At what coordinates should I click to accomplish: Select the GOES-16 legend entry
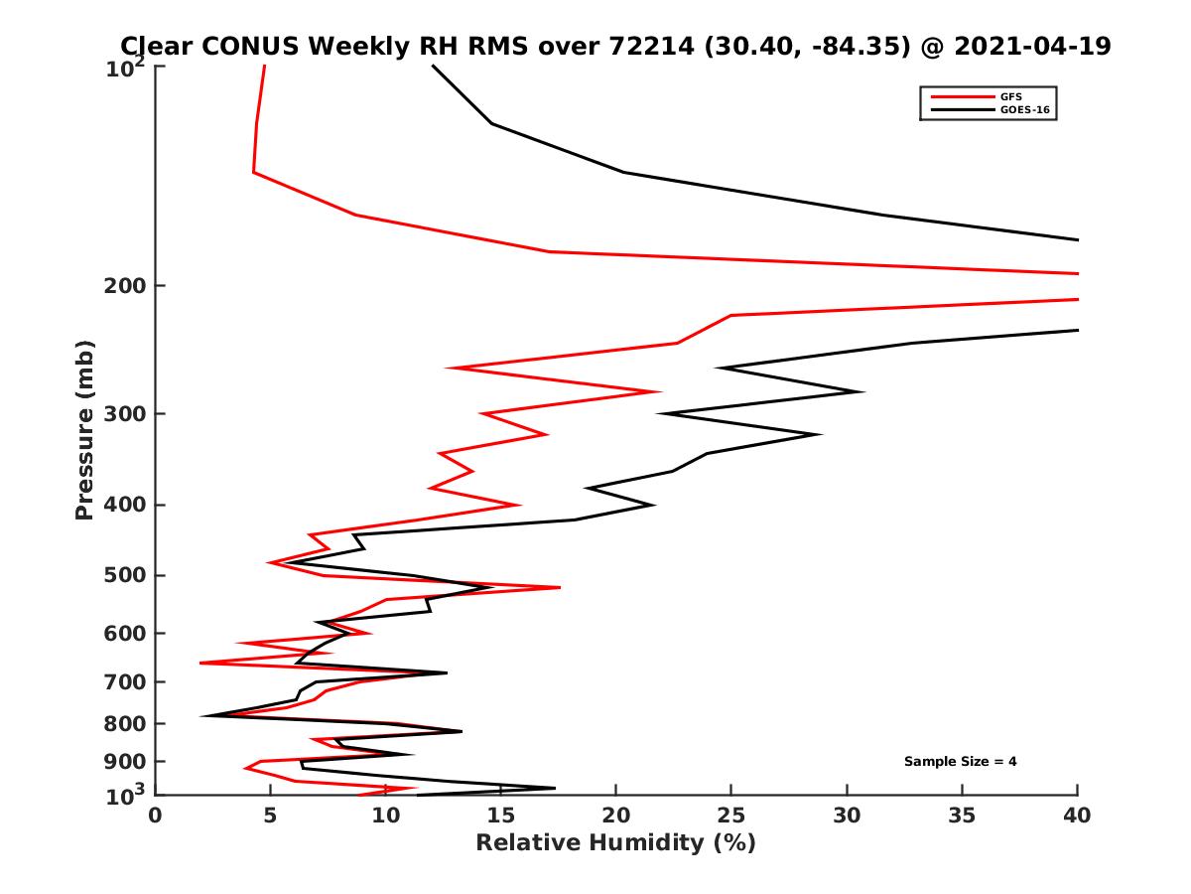click(1021, 109)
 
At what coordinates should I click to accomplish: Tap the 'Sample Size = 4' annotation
click(960, 762)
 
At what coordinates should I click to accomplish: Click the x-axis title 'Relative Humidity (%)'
click(615, 843)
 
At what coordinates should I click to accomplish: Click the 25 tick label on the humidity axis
click(731, 816)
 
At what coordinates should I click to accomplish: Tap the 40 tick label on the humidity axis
click(1077, 816)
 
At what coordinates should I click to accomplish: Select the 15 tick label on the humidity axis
click(500, 816)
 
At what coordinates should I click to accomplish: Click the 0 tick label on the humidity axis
click(156, 816)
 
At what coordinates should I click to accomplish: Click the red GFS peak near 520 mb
click(560, 588)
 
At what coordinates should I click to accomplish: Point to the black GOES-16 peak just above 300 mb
click(862, 391)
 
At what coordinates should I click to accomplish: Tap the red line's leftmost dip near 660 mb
click(201, 663)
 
